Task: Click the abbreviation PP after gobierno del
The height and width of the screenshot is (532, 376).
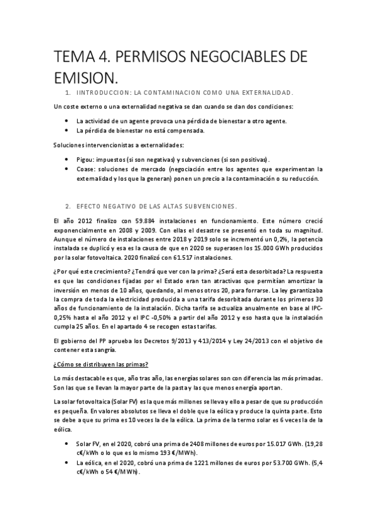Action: point(99,340)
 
